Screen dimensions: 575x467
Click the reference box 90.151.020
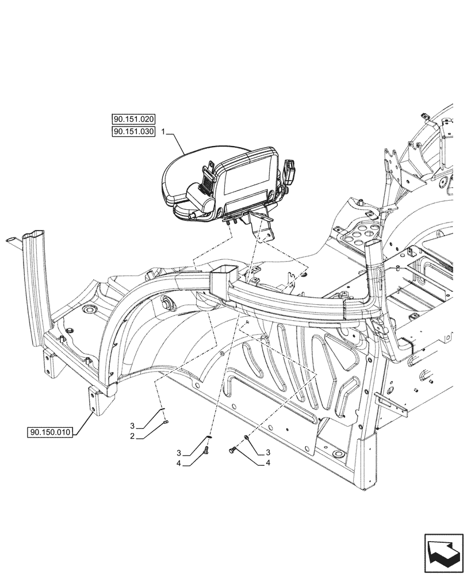(x=133, y=120)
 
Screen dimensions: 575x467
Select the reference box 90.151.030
(x=133, y=132)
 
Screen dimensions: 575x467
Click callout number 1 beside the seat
(x=164, y=132)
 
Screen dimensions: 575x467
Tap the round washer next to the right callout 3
(x=246, y=438)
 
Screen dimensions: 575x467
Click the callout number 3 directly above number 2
(x=132, y=426)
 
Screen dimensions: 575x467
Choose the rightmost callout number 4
(x=268, y=462)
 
